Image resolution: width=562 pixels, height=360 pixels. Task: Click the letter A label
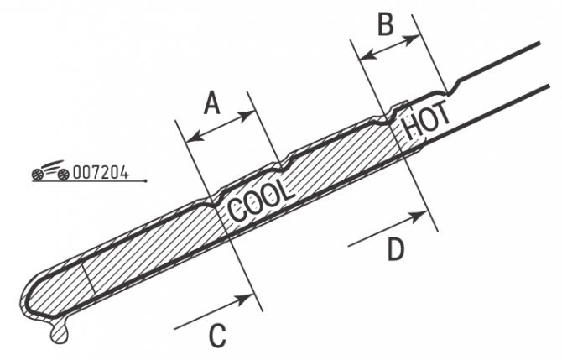pyautogui.click(x=212, y=102)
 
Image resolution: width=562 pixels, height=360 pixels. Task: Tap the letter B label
pyautogui.click(x=386, y=24)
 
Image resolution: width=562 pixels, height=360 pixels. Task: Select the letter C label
pyautogui.click(x=217, y=336)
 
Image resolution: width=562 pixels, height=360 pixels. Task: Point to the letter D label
pyautogui.click(x=396, y=249)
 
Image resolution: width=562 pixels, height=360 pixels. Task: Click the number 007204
pyautogui.click(x=101, y=173)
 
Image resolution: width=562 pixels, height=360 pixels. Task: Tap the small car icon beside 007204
pyautogui.click(x=50, y=170)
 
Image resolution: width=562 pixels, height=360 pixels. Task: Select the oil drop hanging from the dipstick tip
pyautogui.click(x=60, y=331)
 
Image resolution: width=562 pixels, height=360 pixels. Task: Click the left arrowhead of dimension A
pyautogui.click(x=195, y=137)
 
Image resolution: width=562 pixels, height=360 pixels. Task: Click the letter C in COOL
pyautogui.click(x=237, y=211)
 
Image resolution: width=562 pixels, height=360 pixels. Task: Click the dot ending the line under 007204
pyautogui.click(x=145, y=181)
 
